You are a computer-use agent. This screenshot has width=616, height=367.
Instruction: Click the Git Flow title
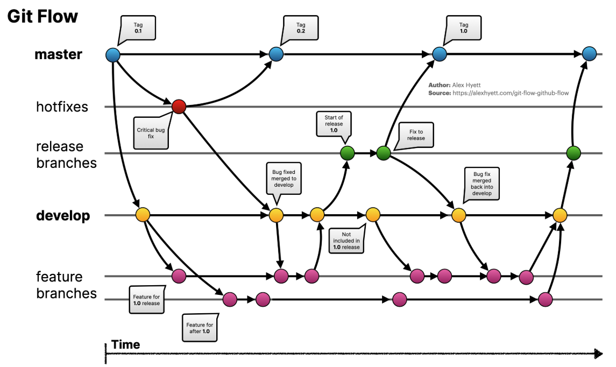click(x=43, y=17)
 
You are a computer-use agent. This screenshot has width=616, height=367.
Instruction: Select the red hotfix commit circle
click(x=179, y=107)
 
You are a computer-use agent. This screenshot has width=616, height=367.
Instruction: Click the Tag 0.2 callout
click(x=300, y=28)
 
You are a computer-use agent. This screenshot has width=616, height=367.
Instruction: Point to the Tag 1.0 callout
click(x=464, y=28)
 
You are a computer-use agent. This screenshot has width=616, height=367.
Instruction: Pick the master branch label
click(x=58, y=54)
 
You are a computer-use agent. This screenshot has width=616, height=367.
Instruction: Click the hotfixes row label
click(x=62, y=107)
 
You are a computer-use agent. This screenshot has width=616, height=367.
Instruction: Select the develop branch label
click(x=63, y=216)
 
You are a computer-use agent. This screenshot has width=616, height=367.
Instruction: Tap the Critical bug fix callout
click(x=151, y=133)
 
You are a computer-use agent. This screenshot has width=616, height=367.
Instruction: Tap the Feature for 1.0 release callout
click(x=146, y=300)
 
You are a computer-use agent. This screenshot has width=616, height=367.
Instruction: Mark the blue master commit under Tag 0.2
click(x=276, y=54)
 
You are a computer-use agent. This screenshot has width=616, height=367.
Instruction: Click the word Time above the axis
click(x=125, y=345)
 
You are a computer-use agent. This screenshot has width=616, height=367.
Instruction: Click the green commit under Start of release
click(x=348, y=153)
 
